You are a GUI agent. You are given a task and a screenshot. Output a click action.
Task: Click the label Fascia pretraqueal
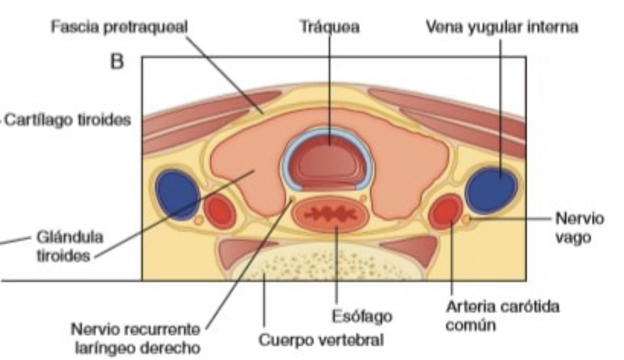pyautogui.click(x=119, y=28)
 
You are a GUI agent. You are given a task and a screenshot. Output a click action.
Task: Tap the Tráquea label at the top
pyautogui.click(x=330, y=28)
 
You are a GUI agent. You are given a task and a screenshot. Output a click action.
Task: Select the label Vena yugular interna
pyautogui.click(x=502, y=28)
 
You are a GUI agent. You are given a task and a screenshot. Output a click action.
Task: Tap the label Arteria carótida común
pyautogui.click(x=502, y=316)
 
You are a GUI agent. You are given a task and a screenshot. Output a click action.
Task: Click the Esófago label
pyautogui.click(x=362, y=316)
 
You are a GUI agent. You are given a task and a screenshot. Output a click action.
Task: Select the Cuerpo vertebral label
pyautogui.click(x=321, y=340)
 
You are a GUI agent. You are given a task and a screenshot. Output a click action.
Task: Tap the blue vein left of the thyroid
pyautogui.click(x=177, y=193)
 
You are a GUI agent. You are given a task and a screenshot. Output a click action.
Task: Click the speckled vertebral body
pyautogui.click(x=326, y=264)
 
